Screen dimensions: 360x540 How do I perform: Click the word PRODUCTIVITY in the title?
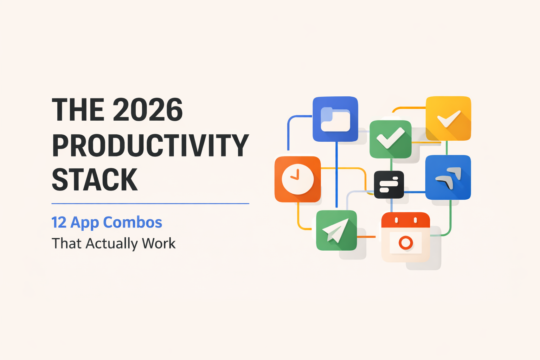point(150,145)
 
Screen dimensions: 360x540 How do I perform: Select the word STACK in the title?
point(95,180)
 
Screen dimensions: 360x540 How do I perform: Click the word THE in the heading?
point(78,110)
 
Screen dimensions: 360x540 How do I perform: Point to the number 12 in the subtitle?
point(59,223)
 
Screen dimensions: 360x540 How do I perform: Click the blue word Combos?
point(133,223)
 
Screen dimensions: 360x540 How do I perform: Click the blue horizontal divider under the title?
point(150,204)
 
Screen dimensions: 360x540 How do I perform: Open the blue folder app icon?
point(335,119)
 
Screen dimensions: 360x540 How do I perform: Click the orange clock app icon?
point(297,179)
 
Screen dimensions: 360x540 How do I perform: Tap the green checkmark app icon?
point(390,139)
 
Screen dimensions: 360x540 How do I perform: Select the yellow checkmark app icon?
point(448,118)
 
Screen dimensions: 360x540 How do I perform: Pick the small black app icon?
point(389,185)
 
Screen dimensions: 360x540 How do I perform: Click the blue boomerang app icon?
point(448,177)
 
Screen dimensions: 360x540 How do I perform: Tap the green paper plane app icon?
point(336,231)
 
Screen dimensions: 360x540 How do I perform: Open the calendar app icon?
point(405,237)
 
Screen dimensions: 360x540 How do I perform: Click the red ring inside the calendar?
point(406,243)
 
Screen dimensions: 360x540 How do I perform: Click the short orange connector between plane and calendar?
point(366,237)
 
